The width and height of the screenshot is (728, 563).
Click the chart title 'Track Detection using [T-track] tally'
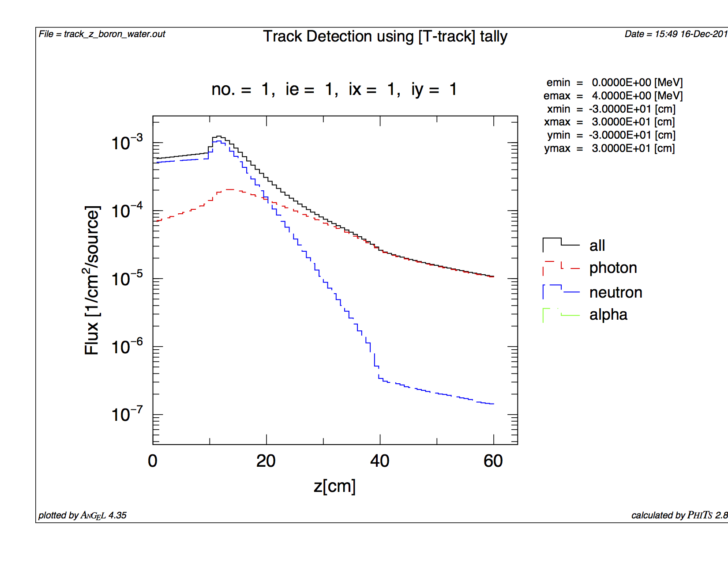[385, 37]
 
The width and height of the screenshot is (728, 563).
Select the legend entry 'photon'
[613, 268]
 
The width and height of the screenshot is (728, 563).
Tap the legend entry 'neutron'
[615, 292]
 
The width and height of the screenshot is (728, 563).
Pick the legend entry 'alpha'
[608, 315]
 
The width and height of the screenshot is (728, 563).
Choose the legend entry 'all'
[597, 246]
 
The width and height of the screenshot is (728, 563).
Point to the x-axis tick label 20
[266, 461]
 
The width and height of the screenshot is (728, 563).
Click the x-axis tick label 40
[380, 461]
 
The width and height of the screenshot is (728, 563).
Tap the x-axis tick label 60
[493, 461]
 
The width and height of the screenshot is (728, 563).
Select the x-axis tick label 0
[153, 461]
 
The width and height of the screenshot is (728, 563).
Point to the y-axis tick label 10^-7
[127, 415]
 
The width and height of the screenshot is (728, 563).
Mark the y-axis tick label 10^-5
[127, 279]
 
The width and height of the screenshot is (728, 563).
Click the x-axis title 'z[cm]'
[334, 486]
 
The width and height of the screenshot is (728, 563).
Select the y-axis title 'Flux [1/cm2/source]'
[92, 280]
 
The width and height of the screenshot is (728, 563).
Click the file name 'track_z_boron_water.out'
[114, 34]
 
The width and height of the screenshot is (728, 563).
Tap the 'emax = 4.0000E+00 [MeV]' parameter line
[613, 96]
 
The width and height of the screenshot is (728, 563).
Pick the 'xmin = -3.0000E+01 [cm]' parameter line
[611, 109]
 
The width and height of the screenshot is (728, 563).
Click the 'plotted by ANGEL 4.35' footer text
[83, 515]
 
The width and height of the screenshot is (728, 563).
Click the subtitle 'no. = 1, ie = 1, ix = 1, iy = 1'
[334, 90]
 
